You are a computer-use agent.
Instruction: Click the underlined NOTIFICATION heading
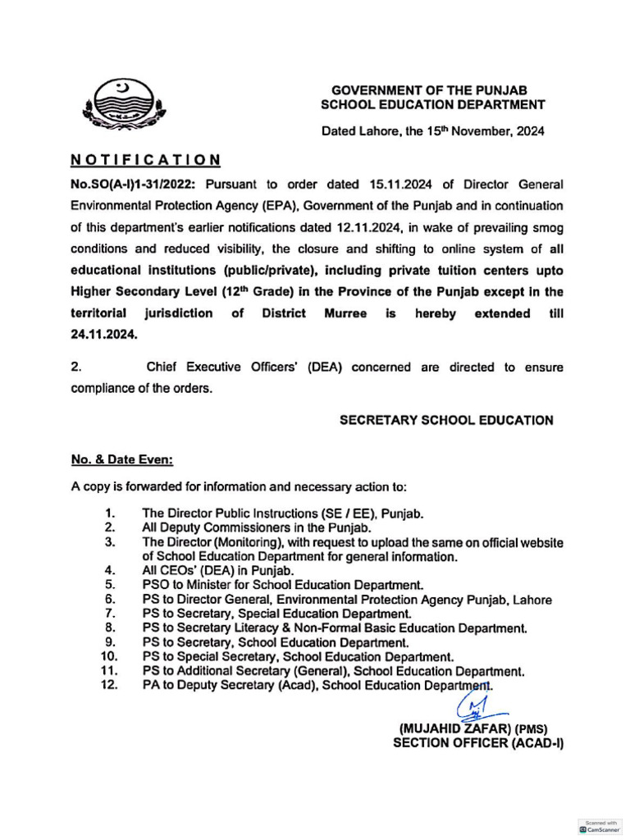click(145, 159)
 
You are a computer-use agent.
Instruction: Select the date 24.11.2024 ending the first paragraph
click(104, 335)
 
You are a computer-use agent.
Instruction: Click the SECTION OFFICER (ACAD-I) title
click(478, 743)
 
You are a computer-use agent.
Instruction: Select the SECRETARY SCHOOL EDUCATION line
click(446, 420)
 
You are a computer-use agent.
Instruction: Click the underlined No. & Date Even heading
click(121, 461)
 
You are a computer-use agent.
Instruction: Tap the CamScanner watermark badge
click(600, 826)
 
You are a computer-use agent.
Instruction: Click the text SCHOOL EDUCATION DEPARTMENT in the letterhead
click(432, 104)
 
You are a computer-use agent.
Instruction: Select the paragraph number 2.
click(76, 367)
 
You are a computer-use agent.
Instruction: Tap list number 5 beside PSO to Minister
click(109, 585)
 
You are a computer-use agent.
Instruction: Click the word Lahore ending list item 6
click(532, 600)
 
